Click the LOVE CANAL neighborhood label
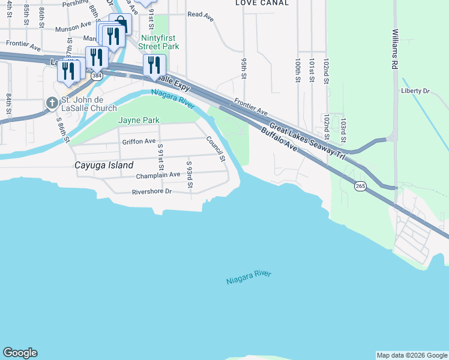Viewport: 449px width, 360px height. point(262,3)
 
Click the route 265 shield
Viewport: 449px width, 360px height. point(360,187)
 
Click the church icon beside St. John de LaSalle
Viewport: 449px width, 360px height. point(51,103)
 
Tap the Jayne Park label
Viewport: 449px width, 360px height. point(139,120)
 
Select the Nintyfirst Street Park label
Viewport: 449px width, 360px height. point(158,41)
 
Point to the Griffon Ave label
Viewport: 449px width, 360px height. point(139,142)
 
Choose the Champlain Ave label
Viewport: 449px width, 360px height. point(158,175)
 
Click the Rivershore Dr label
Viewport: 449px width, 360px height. point(152,192)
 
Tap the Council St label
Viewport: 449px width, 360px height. point(215,149)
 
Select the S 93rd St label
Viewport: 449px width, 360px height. point(189,174)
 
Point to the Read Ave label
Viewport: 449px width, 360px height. point(200,14)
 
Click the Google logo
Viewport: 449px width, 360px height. point(20,353)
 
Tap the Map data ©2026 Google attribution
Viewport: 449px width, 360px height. point(412,355)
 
